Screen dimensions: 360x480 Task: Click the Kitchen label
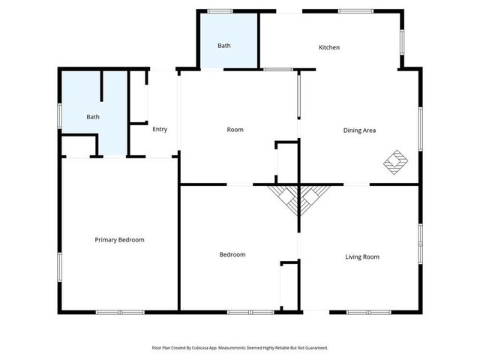point(329,47)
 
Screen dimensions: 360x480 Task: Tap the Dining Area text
point(359,130)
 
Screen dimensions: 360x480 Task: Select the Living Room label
point(361,256)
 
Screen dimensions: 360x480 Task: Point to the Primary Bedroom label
point(119,240)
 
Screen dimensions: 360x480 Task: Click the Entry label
point(160,129)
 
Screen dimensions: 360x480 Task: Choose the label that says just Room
point(235,130)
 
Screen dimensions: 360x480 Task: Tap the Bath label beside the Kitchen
point(224,46)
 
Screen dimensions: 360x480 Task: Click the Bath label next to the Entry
point(93,117)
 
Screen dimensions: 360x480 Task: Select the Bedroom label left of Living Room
point(232,255)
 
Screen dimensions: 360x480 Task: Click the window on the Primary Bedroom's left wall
point(60,265)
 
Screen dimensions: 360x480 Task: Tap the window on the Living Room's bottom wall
point(368,312)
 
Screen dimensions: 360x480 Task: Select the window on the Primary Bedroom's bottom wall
point(120,312)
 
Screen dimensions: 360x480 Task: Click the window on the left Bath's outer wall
point(60,116)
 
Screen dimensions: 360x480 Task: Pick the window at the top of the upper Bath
point(220,10)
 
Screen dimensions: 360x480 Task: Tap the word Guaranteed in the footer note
point(314,348)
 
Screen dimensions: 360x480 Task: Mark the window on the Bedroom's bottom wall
point(250,312)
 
